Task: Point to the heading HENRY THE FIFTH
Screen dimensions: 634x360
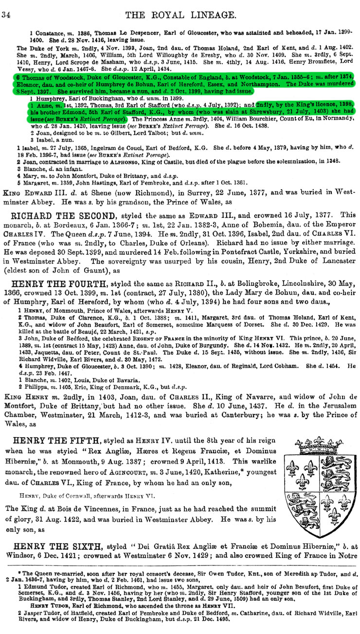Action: (61, 440)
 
